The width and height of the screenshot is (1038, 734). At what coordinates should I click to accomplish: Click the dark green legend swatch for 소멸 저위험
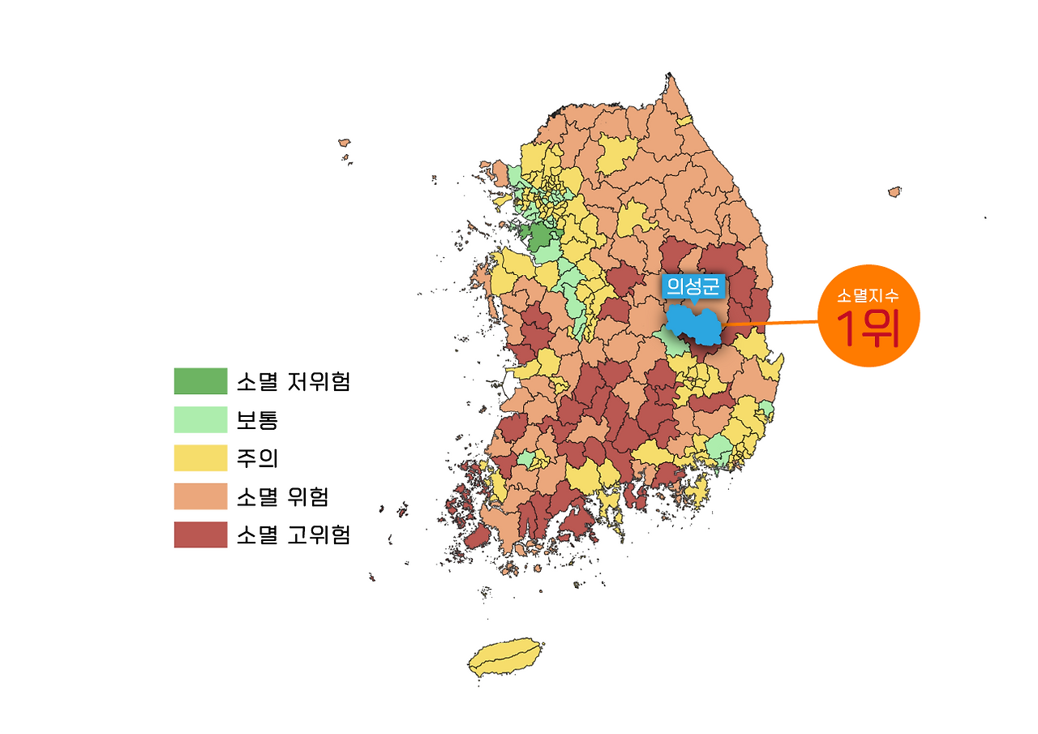coord(200,380)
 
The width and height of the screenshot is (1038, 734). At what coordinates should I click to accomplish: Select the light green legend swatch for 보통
coord(200,419)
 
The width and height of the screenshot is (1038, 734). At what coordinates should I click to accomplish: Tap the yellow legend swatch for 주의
coord(200,457)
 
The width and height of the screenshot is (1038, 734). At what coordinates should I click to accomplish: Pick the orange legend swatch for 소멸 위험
coord(200,496)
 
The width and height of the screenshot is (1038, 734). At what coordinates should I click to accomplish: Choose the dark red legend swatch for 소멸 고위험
coord(200,534)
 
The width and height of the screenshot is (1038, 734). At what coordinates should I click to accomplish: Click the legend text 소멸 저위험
coord(293,381)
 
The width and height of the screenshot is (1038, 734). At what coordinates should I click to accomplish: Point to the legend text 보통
coord(257,420)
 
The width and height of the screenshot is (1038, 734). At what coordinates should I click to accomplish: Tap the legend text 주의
coord(257,458)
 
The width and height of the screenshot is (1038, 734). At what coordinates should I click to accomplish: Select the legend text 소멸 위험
coord(281,496)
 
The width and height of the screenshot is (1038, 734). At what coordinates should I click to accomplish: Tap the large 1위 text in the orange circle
coord(869,328)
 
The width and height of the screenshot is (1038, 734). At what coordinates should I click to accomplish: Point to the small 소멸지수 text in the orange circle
coord(869,296)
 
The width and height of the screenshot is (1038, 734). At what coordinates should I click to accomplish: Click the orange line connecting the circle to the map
coord(770,324)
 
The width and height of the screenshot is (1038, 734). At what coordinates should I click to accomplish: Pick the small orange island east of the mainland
coord(894,192)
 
